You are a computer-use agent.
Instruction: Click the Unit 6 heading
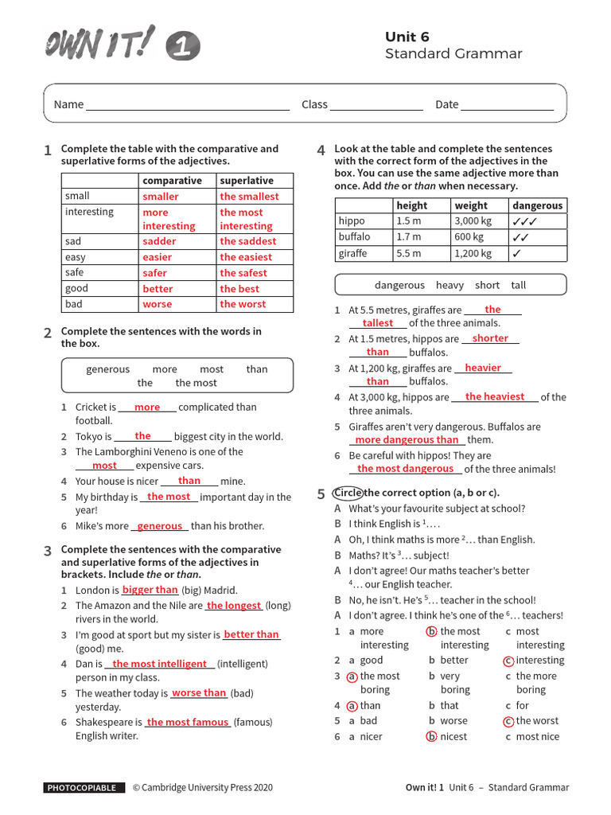(x=407, y=37)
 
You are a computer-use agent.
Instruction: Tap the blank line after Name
(x=188, y=105)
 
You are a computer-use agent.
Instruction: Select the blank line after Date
(x=508, y=105)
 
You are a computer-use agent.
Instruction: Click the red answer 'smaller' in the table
(x=161, y=197)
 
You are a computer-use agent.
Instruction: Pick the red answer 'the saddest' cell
(x=248, y=241)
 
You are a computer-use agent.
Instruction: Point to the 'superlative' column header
(x=247, y=181)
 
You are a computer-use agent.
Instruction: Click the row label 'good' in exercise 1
(x=76, y=289)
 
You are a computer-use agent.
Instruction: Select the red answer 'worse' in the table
(x=157, y=304)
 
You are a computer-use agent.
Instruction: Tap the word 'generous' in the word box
(x=107, y=369)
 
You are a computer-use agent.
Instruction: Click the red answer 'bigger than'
(x=150, y=590)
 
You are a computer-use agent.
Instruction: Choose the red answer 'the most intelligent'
(x=159, y=664)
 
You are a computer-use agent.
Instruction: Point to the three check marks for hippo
(x=525, y=221)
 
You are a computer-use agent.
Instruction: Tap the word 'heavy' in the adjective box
(x=449, y=285)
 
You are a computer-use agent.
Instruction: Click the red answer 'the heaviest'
(x=495, y=396)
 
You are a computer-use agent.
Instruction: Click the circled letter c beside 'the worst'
(x=508, y=721)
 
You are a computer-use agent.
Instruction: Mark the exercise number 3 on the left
(x=48, y=551)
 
